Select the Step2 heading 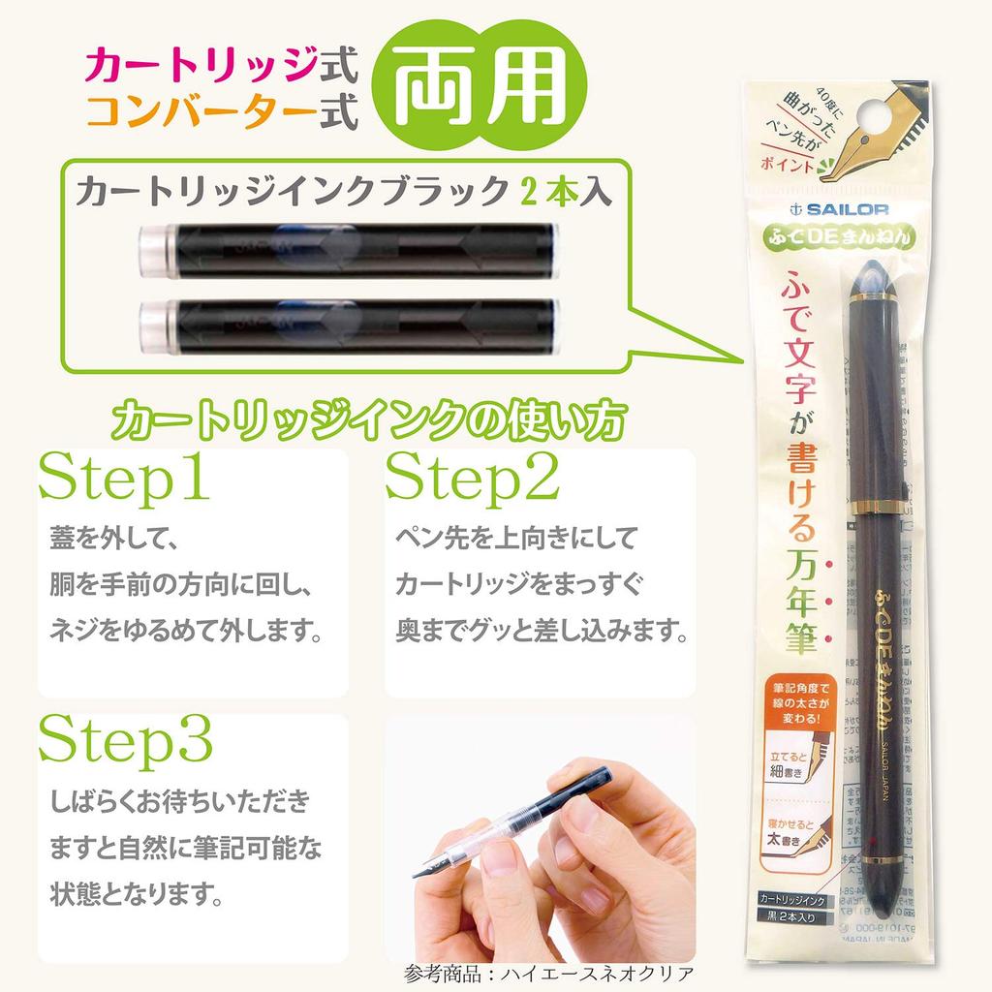pos(473,477)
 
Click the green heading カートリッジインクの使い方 pos(367,420)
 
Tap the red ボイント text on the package pos(787,162)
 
